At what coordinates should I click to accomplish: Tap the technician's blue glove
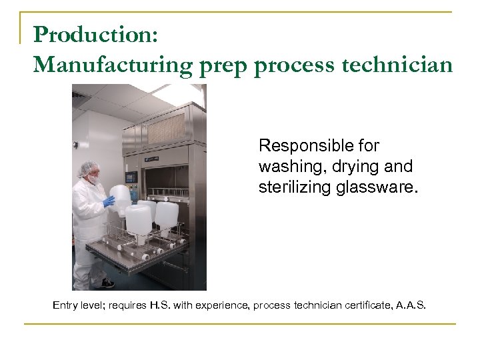[108, 200]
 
